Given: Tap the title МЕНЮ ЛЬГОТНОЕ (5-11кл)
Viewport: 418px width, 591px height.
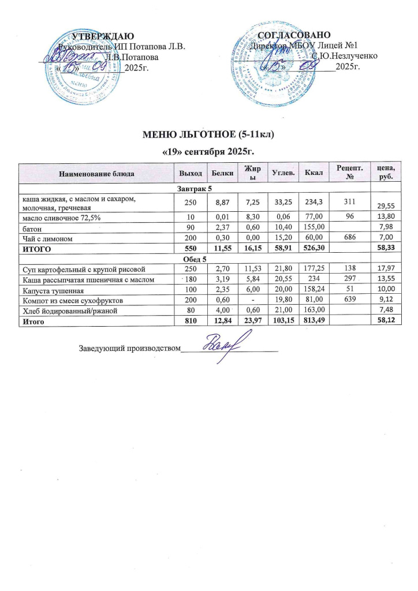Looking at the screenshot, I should pyautogui.click(x=208, y=136).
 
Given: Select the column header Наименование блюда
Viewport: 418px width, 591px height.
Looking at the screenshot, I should pyautogui.click(x=97, y=173).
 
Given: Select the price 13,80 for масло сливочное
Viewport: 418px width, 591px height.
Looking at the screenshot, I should pyautogui.click(x=385, y=216).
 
